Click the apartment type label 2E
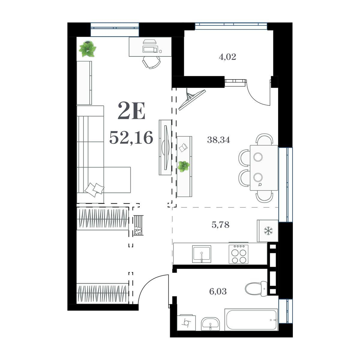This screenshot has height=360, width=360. (x=131, y=111)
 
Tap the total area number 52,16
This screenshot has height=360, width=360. (x=131, y=137)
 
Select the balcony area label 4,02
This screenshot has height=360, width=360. (x=227, y=57)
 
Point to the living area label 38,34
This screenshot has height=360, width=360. (x=219, y=140)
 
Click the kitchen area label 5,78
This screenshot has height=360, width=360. (x=220, y=225)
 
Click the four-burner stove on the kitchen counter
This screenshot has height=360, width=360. (x=238, y=254)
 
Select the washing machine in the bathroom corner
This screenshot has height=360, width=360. (x=186, y=322)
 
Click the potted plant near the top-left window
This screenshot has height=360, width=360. (x=87, y=49)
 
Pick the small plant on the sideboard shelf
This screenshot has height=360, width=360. (x=184, y=166)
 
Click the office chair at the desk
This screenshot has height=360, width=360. (x=151, y=63)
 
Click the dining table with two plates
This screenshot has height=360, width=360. (x=264, y=167)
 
